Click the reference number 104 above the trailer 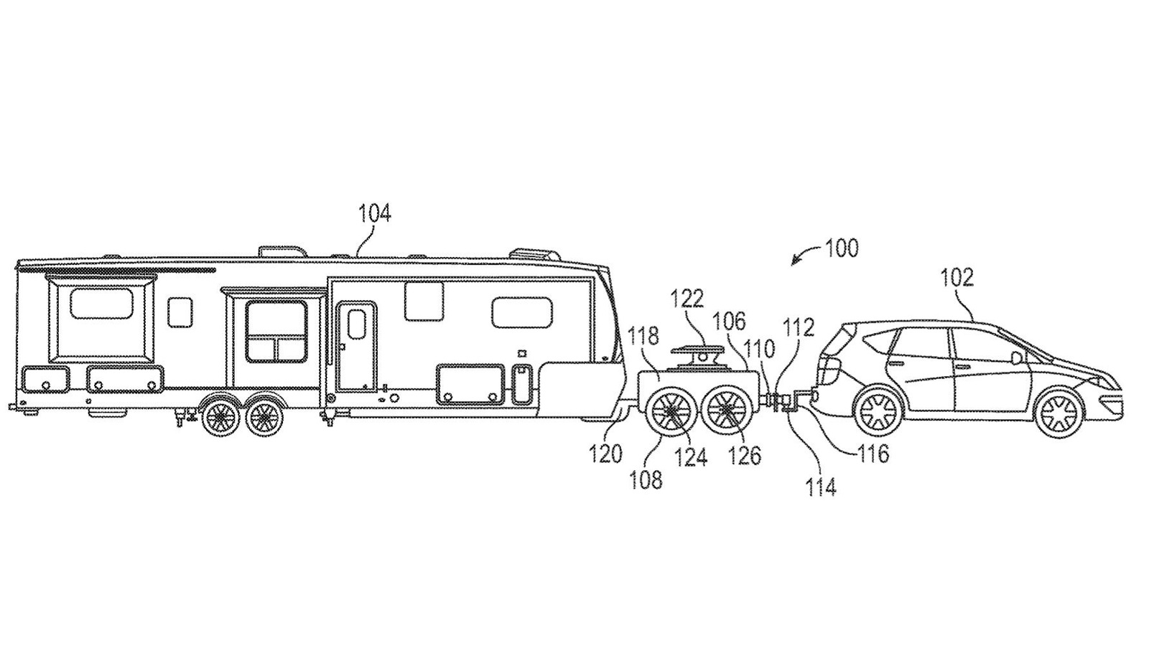(x=375, y=214)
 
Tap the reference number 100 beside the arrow (x=841, y=248)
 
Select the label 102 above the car (x=958, y=277)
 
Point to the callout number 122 (x=688, y=299)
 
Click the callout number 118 (x=643, y=334)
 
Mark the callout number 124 (x=690, y=457)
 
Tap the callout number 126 (x=744, y=455)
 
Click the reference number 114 (x=820, y=487)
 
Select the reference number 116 (x=873, y=453)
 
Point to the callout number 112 (x=799, y=327)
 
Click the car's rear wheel (x=876, y=413)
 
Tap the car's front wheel (x=1059, y=413)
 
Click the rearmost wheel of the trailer (x=220, y=416)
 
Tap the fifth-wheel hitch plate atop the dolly (x=694, y=352)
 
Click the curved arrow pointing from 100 (x=804, y=256)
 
